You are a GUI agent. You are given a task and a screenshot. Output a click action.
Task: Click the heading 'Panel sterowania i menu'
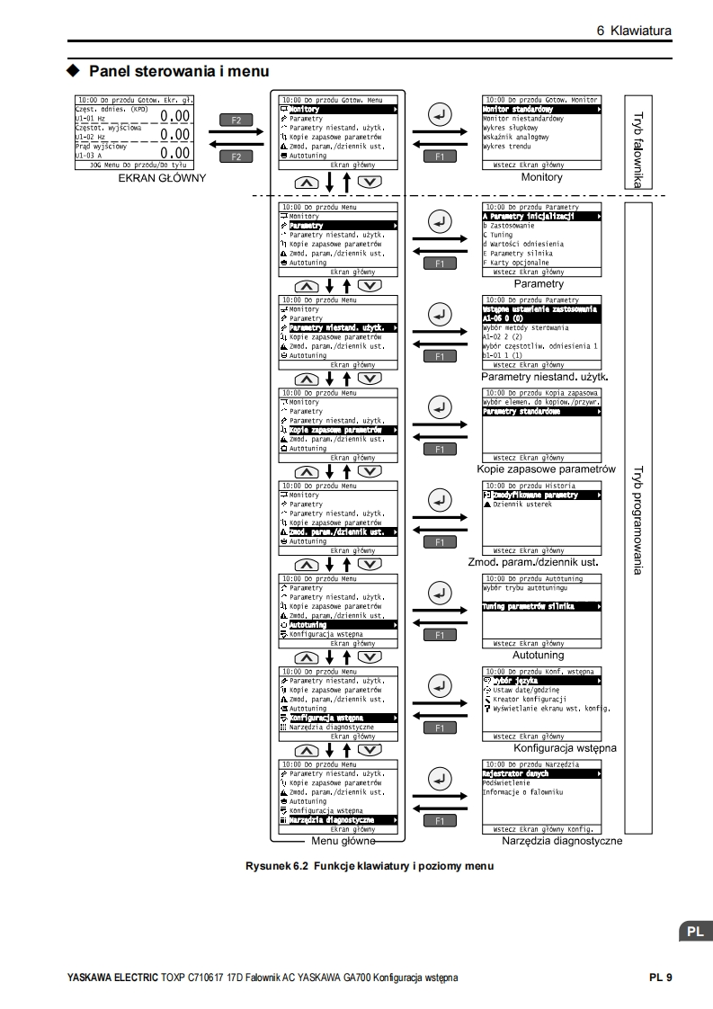(x=179, y=70)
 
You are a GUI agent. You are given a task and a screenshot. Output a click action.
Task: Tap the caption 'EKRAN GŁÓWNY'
(x=162, y=178)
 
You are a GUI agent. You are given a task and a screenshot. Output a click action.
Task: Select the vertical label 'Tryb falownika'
(x=637, y=149)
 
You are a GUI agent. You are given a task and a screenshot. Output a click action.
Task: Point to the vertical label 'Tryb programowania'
(x=637, y=521)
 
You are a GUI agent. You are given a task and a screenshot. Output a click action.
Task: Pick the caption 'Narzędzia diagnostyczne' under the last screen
(x=562, y=841)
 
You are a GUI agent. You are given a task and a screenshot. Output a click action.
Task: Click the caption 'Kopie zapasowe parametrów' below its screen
(x=546, y=469)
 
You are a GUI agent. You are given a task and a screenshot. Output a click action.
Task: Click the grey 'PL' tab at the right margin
(x=695, y=932)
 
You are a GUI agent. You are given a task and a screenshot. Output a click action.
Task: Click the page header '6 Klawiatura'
(x=635, y=31)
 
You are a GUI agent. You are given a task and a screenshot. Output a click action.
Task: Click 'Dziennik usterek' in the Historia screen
(x=523, y=504)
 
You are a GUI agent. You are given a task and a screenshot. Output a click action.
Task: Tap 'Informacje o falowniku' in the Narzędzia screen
(x=523, y=791)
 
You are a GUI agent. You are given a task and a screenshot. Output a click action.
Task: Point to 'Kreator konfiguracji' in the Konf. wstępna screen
(x=530, y=699)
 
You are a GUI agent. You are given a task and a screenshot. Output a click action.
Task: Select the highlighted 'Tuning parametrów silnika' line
(x=529, y=606)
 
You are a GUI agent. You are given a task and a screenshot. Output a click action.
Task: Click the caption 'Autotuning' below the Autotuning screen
(x=539, y=656)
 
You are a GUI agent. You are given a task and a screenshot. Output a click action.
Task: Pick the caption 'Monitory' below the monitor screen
(x=541, y=178)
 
